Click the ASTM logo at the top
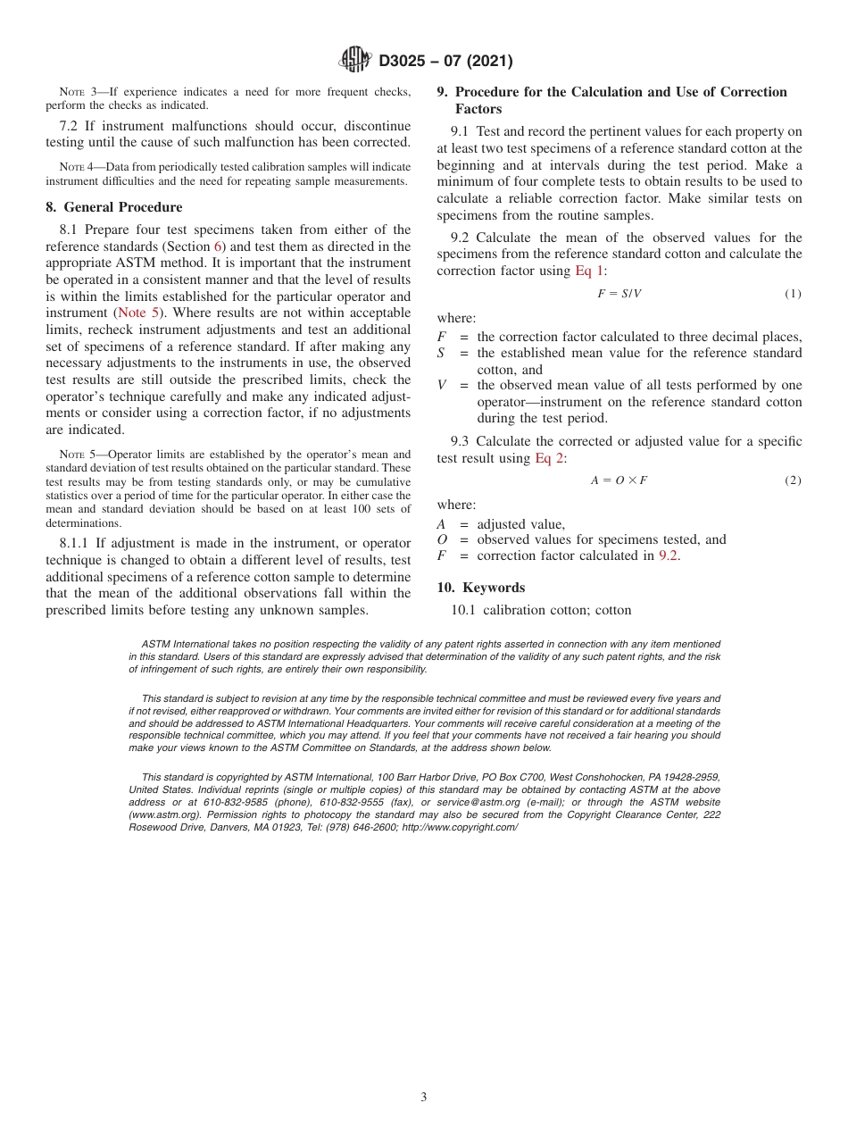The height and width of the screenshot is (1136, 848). (x=354, y=61)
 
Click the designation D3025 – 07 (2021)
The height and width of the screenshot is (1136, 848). (x=445, y=62)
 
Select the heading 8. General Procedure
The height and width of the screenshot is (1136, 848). (x=114, y=207)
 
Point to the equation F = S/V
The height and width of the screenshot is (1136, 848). (x=619, y=294)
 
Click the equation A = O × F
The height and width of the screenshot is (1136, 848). (x=619, y=480)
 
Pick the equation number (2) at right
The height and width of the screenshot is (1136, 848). (x=793, y=480)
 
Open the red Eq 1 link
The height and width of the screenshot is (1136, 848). (x=589, y=271)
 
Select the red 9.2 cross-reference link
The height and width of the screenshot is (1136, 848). (x=669, y=555)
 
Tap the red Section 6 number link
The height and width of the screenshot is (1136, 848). (x=217, y=246)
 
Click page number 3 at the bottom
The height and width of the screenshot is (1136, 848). (x=424, y=1098)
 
